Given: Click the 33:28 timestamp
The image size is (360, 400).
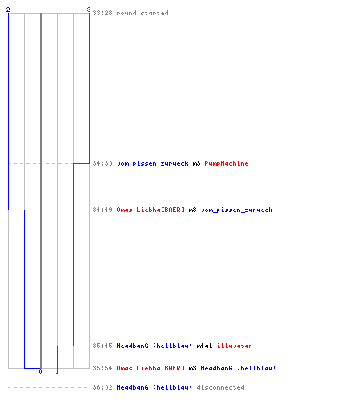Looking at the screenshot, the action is [102, 13].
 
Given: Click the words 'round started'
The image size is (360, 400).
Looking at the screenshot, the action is [142, 13].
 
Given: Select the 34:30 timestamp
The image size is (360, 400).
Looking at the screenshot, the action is [102, 163].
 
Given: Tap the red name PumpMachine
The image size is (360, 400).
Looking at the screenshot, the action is [226, 163].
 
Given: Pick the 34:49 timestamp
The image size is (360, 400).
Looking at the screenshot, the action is [102, 210].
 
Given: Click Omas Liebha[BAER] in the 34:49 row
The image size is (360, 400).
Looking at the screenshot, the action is [150, 210].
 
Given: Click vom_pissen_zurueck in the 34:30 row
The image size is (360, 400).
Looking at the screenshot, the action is [153, 163].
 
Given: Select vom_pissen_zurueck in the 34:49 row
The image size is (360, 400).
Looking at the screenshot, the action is [237, 210].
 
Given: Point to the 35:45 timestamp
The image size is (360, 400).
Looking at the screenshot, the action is [102, 346].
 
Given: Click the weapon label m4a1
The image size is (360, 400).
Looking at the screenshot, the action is [204, 346].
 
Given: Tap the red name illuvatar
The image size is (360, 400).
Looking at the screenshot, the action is [234, 346].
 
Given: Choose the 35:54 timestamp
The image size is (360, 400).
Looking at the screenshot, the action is [102, 368].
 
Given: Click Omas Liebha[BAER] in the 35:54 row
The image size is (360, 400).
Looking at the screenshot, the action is [150, 368].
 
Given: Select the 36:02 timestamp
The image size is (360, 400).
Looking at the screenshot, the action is [102, 387].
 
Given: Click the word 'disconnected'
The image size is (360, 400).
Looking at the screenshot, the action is [220, 387].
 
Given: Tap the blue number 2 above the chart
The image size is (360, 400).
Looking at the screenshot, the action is [8, 10].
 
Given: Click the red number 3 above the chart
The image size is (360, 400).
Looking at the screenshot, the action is [89, 10].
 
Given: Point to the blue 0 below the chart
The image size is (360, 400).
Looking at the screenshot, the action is [40, 371].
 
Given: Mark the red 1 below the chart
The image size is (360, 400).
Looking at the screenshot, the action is [57, 371].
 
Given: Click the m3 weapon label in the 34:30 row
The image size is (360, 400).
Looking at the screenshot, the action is [196, 163].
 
